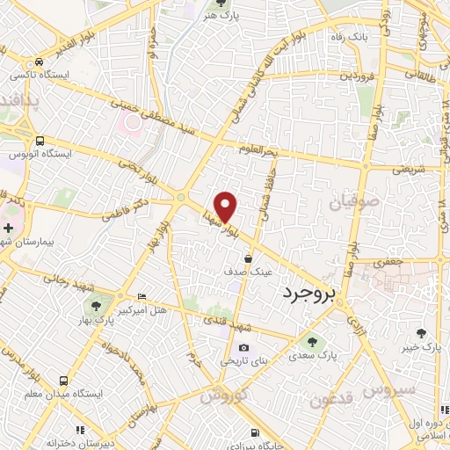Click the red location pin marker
coord(227,207)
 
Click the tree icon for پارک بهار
coord(94,306)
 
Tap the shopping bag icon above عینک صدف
coord(249,258)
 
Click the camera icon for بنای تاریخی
coord(243,347)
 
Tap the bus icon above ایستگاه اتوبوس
coord(40,140)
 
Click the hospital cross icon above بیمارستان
coord(8,228)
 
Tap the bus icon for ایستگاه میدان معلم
coord(64,380)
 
